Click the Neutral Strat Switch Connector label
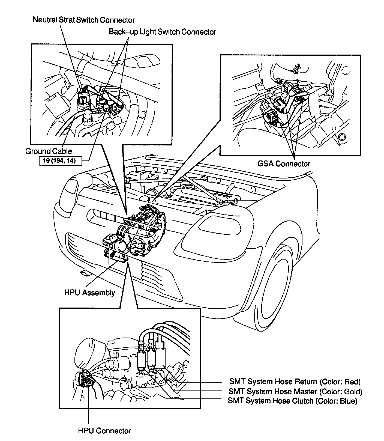pyautogui.click(x=84, y=20)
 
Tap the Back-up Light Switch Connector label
pyautogui.click(x=163, y=32)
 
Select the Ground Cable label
pyautogui.click(x=49, y=151)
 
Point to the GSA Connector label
pyautogui.click(x=284, y=164)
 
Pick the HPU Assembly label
pyautogui.click(x=89, y=293)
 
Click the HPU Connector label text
pyautogui.click(x=104, y=431)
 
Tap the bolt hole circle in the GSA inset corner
pyautogui.click(x=341, y=137)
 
